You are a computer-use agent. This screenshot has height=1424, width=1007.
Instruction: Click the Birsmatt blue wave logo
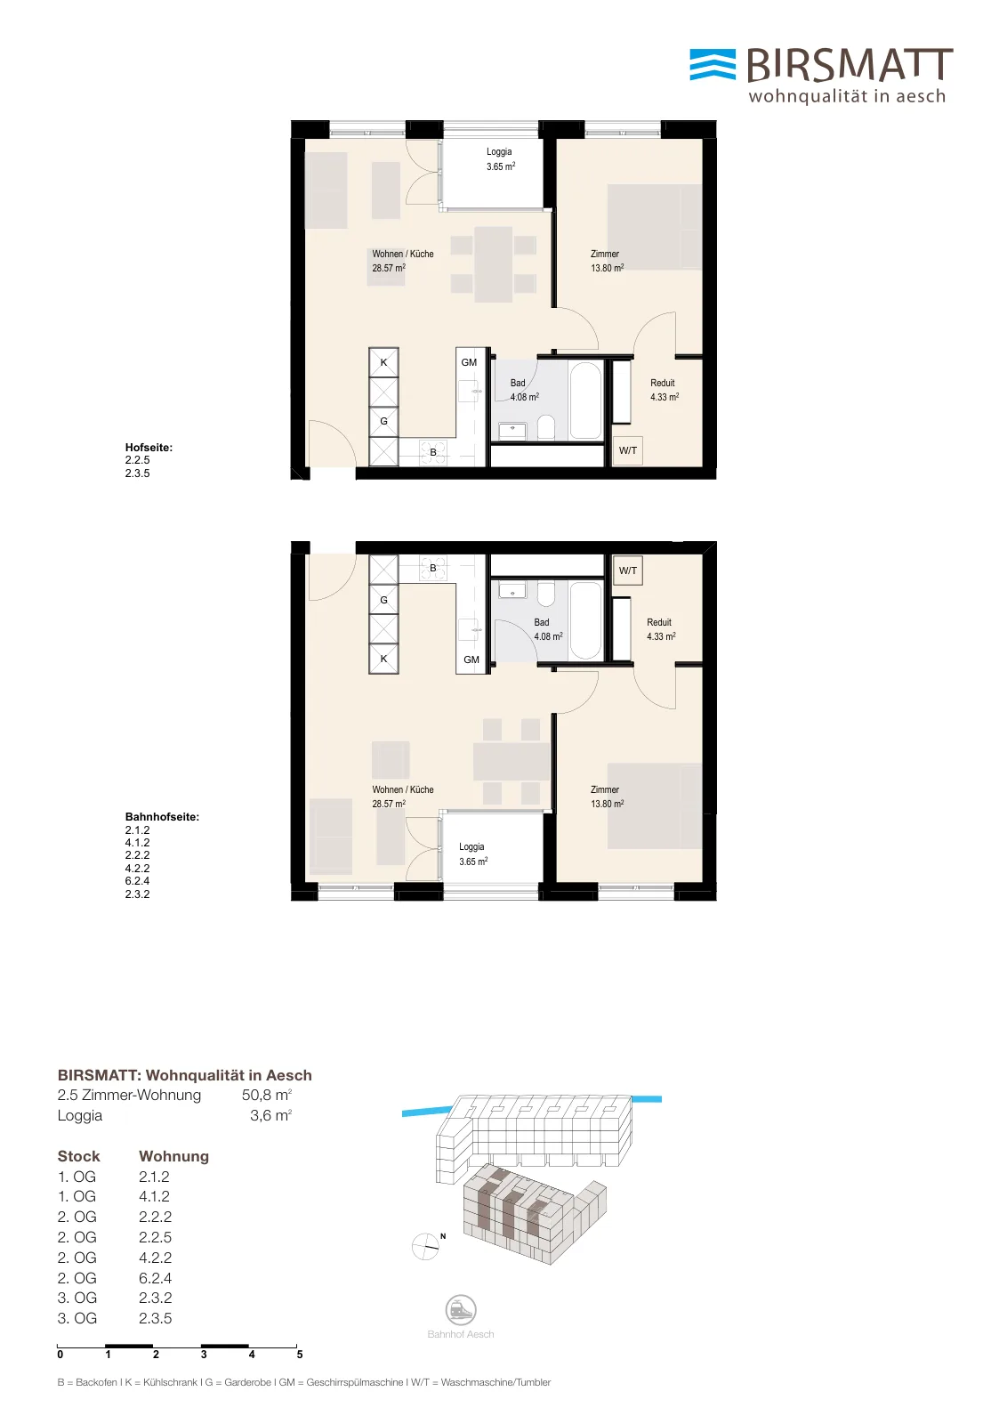click(x=713, y=65)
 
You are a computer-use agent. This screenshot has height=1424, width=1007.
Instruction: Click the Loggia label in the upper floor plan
click(x=499, y=151)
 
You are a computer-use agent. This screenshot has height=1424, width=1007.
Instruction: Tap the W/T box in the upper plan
click(x=628, y=450)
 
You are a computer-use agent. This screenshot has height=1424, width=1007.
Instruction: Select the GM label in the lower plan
click(x=471, y=659)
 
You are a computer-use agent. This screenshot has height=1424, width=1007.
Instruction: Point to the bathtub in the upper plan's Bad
click(x=585, y=400)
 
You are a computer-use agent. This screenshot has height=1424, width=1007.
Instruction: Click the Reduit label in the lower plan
click(x=659, y=622)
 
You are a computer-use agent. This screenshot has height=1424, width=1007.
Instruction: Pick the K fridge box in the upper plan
click(x=383, y=362)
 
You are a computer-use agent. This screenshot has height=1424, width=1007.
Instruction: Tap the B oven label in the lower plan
click(x=433, y=568)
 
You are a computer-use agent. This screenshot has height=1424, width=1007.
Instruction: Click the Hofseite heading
click(x=149, y=448)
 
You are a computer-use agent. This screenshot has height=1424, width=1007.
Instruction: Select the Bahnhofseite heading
click(x=162, y=817)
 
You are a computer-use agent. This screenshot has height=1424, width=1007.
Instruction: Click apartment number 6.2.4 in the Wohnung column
click(x=156, y=1278)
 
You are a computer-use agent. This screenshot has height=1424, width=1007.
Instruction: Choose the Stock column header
click(x=79, y=1156)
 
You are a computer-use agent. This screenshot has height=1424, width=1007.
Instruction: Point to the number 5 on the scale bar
click(x=300, y=1354)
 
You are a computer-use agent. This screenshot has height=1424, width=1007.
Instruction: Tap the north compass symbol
click(x=426, y=1247)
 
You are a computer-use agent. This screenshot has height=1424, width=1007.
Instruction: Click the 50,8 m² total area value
click(x=267, y=1095)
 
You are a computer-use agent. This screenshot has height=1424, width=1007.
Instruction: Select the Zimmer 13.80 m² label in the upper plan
click(x=607, y=261)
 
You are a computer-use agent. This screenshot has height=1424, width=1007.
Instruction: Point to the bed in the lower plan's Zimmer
click(x=655, y=806)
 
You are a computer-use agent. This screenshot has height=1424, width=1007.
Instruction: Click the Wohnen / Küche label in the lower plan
click(x=403, y=789)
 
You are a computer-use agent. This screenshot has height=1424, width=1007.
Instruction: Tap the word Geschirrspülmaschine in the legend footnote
click(x=355, y=1382)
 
